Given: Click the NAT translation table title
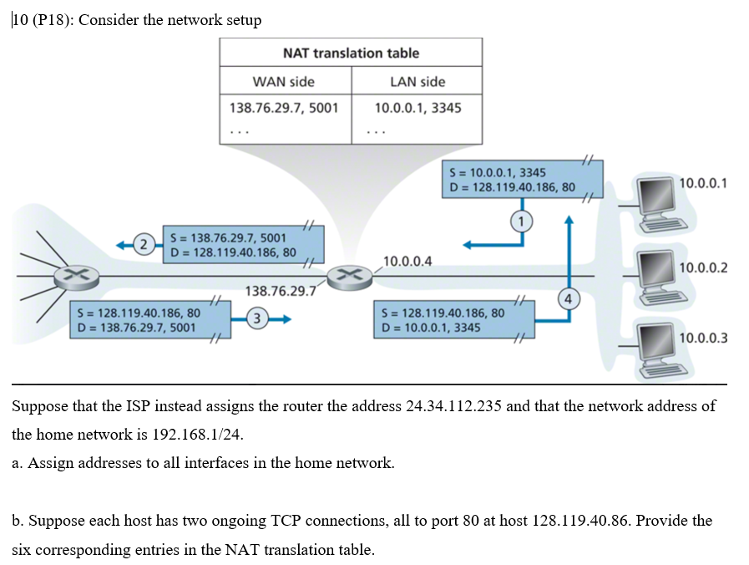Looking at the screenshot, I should tap(351, 53).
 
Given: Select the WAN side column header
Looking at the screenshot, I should tap(284, 81).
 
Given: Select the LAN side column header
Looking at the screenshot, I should tap(418, 81).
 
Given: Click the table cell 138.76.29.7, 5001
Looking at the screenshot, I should tap(284, 108).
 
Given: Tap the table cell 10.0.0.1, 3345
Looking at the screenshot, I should tap(418, 108).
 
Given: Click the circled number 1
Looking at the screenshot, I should tap(523, 221).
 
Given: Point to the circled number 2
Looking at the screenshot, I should tap(144, 244).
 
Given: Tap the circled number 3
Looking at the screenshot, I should tap(258, 318).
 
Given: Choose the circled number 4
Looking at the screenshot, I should tap(569, 298).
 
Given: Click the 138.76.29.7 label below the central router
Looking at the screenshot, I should tap(280, 291).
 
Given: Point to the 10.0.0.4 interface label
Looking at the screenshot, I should tap(407, 261).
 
